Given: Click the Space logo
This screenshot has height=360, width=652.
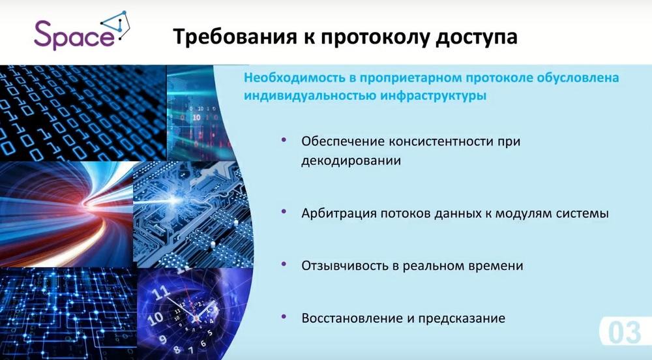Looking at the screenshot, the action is (81, 31).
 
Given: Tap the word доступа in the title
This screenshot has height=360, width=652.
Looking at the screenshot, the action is (477, 37).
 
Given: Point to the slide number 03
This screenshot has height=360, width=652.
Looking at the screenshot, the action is (624, 333).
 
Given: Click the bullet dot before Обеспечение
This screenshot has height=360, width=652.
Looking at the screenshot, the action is (284, 140).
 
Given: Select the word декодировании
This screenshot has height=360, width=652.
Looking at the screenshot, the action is (351, 161).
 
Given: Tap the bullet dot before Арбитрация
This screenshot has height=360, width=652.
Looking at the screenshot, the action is (284, 211).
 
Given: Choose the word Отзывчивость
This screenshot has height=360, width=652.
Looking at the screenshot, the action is (345, 265).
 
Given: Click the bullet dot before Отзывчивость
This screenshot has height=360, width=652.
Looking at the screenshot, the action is (284, 264).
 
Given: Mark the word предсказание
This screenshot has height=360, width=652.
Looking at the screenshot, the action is (462, 319).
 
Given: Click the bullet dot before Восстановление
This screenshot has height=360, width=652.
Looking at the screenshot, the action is (284, 317).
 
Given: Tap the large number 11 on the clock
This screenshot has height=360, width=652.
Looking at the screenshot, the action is (161, 293).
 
